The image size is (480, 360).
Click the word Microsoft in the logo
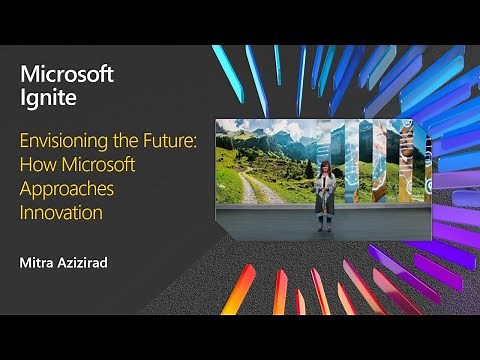tap(66, 75)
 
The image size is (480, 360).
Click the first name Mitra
tap(36, 264)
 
